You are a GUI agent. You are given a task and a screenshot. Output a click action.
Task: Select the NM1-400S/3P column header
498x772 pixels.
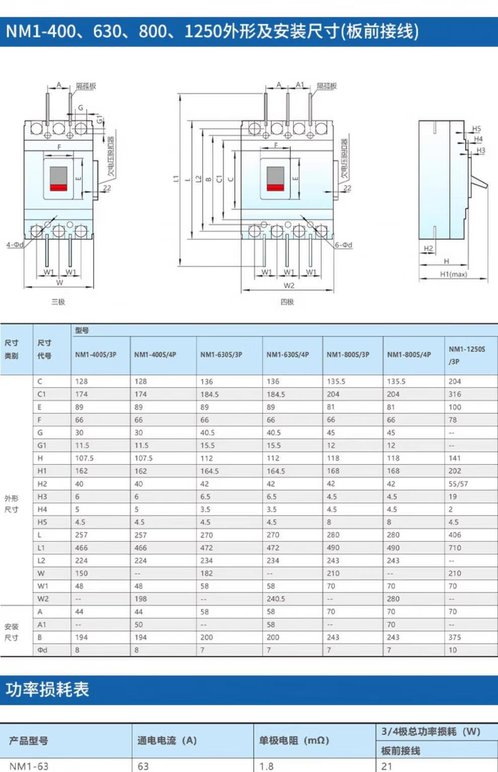[x=96, y=355]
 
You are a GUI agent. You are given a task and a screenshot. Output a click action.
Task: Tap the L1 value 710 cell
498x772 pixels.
[x=455, y=548]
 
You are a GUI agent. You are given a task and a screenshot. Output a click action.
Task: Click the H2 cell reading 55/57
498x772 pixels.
[x=458, y=484]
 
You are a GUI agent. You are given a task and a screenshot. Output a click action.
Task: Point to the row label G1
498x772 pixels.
[x=42, y=445]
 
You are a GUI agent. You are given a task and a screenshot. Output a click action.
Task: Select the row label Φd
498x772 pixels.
[x=42, y=650]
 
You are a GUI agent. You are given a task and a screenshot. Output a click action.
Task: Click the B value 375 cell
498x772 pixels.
[x=454, y=637]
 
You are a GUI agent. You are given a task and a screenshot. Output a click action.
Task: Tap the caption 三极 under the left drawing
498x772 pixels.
[x=58, y=302]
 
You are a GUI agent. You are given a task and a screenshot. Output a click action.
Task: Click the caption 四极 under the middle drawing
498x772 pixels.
[x=287, y=302]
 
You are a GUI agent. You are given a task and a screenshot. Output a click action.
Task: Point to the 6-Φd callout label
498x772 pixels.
[x=344, y=245]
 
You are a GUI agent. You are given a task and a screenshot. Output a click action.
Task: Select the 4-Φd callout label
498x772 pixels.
[x=15, y=245]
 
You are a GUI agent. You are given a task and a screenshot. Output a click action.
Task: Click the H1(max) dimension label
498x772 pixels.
[x=453, y=274]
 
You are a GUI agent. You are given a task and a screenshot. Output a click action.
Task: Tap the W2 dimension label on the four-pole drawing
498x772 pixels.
[x=289, y=286]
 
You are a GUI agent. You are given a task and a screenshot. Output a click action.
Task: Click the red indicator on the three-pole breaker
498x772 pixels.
[x=58, y=188]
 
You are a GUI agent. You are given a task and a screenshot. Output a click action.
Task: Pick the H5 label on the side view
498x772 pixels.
[x=476, y=129]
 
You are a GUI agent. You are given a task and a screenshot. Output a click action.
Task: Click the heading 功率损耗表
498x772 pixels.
[x=47, y=689]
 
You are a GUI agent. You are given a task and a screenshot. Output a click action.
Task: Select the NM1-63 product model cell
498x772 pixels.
[x=29, y=766]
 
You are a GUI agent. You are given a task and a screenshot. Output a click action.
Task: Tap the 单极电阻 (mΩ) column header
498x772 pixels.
[x=294, y=740]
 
